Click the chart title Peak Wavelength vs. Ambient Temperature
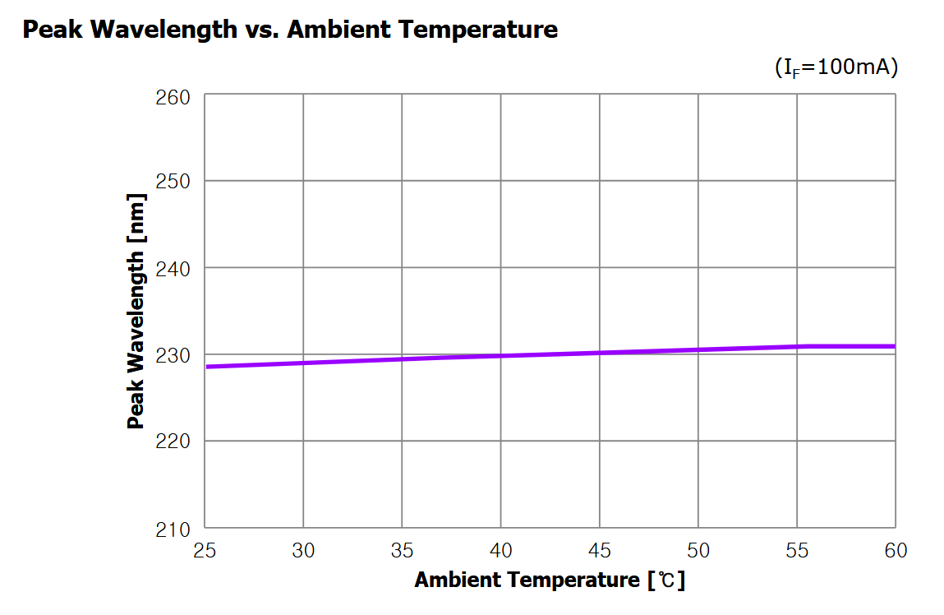[x=290, y=30]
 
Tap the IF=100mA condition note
[x=836, y=67]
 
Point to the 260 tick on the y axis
[x=173, y=97]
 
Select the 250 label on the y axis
[x=173, y=181]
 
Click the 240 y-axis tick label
[x=173, y=268]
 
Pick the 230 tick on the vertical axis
[x=173, y=355]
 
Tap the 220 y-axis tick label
[x=173, y=442]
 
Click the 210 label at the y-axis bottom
[x=173, y=529]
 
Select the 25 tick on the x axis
[x=205, y=550]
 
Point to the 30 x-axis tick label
[x=303, y=550]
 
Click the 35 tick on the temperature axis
[x=402, y=550]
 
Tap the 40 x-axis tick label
[x=501, y=550]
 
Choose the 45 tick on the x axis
[x=600, y=550]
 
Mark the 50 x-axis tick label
[x=698, y=550]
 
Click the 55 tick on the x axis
[x=797, y=550]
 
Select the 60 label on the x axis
[x=896, y=550]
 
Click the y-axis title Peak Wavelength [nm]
[x=136, y=311]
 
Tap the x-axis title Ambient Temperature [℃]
[x=549, y=580]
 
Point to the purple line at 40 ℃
[x=501, y=356]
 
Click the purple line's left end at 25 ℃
[x=206, y=366]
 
